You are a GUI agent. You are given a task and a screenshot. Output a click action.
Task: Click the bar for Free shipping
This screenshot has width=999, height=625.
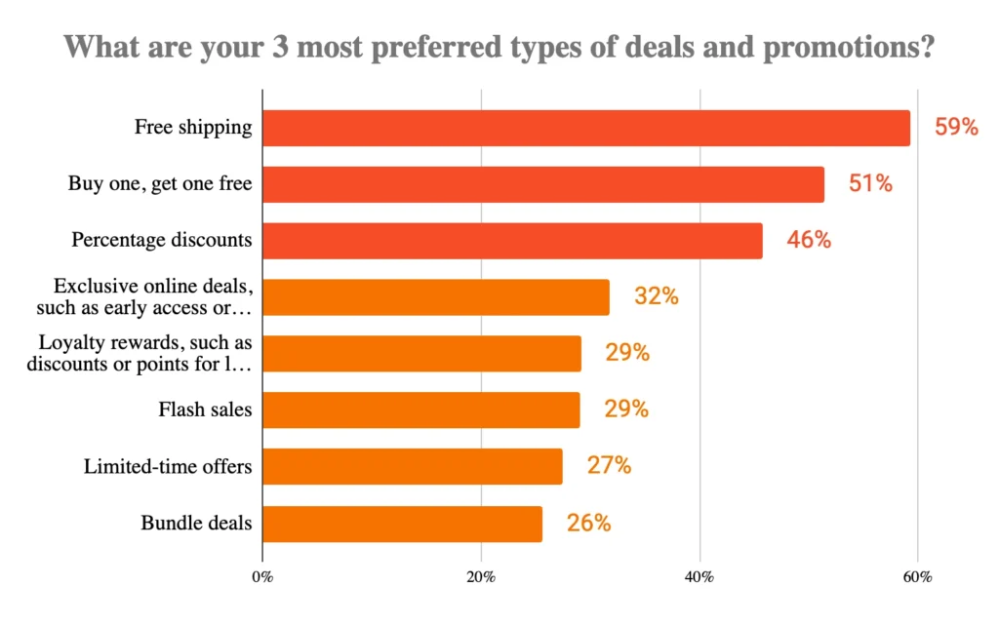(x=585, y=128)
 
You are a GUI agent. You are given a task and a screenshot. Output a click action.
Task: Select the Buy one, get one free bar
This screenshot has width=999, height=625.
(x=542, y=184)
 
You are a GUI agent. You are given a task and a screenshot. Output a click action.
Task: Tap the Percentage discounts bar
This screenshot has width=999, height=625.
(x=512, y=241)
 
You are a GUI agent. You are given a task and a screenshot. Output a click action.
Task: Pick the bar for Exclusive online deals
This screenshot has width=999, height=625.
(x=435, y=297)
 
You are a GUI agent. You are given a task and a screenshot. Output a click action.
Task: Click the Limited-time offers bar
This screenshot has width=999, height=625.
(x=412, y=466)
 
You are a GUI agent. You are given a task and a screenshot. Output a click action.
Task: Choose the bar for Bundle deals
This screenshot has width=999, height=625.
(x=402, y=524)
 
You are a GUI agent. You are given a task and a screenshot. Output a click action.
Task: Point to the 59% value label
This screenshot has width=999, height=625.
(x=955, y=127)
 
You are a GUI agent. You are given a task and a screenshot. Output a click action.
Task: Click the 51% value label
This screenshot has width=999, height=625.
(x=869, y=183)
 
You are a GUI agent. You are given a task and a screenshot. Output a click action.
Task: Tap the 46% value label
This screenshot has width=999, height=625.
(x=809, y=240)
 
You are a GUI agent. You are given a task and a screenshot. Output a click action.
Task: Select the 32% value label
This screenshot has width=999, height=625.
(x=656, y=296)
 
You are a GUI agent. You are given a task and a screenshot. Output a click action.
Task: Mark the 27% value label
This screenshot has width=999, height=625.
(x=609, y=466)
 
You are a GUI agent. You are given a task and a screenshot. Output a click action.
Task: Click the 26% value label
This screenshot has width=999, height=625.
(x=588, y=524)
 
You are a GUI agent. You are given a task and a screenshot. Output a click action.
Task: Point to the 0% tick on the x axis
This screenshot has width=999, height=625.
(x=262, y=576)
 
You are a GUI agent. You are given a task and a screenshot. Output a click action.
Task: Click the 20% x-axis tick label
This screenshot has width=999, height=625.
(x=481, y=576)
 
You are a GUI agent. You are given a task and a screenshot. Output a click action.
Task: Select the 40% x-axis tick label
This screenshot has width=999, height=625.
(x=699, y=576)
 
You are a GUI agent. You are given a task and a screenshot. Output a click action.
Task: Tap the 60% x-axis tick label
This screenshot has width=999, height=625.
(x=918, y=576)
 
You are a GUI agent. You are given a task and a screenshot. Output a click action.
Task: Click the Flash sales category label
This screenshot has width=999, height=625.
(x=205, y=410)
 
